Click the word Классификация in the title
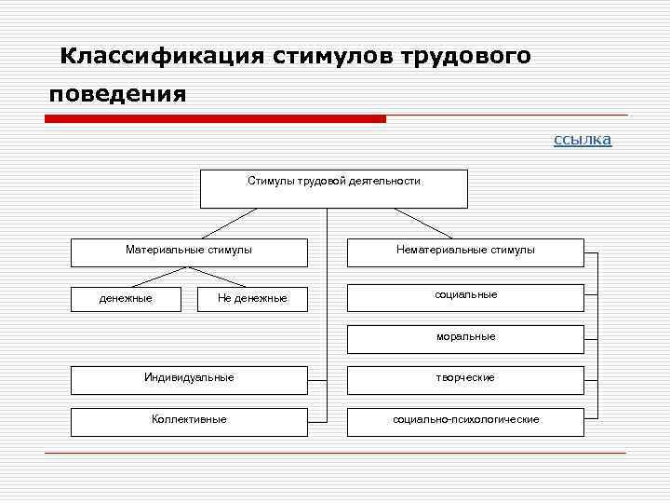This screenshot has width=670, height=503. pyautogui.click(x=162, y=56)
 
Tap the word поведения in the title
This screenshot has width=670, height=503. pyautogui.click(x=118, y=95)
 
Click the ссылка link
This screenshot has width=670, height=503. pyautogui.click(x=583, y=140)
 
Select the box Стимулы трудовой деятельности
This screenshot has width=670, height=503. pyautogui.click(x=334, y=188)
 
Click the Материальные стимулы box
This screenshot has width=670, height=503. pyautogui.click(x=189, y=252)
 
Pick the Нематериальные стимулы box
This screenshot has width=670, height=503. pyautogui.click(x=465, y=252)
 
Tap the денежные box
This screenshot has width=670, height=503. pyautogui.click(x=127, y=298)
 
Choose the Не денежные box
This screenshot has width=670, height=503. pyautogui.click(x=252, y=298)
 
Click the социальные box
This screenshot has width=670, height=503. pyautogui.click(x=465, y=296)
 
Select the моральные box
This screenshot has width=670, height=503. pyautogui.click(x=465, y=338)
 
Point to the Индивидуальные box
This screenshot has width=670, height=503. pyautogui.click(x=189, y=379)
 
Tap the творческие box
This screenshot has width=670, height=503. pyautogui.click(x=465, y=379)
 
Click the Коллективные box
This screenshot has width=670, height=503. pyautogui.click(x=189, y=421)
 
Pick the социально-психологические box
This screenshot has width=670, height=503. pyautogui.click(x=465, y=421)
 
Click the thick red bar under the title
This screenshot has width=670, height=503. pyautogui.click(x=215, y=119)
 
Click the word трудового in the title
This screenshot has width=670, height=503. pyautogui.click(x=466, y=56)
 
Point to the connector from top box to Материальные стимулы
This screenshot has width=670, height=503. pyautogui.click(x=228, y=223)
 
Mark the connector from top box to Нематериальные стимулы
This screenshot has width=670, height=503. pyautogui.click(x=426, y=223)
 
